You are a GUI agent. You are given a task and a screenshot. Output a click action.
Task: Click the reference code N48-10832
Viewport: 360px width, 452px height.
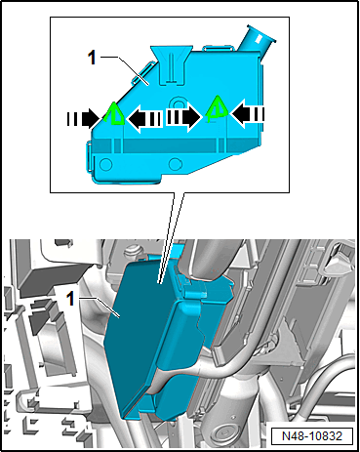(312, 436)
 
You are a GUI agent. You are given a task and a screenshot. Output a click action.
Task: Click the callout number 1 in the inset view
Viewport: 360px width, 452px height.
(93, 59)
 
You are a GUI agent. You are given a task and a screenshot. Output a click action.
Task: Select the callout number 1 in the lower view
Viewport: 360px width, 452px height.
(70, 299)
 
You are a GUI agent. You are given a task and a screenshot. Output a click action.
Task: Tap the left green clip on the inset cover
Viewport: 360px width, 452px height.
(114, 113)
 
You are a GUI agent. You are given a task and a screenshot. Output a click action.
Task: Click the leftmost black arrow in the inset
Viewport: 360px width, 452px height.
(83, 118)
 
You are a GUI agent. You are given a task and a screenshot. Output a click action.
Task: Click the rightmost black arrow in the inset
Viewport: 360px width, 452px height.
(248, 113)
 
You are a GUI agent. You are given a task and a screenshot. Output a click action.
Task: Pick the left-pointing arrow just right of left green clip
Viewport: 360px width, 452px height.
(144, 119)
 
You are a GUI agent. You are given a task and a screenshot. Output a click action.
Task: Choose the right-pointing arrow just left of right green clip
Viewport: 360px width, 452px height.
(183, 118)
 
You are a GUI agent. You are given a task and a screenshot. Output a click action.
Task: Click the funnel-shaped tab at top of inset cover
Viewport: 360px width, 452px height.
(171, 65)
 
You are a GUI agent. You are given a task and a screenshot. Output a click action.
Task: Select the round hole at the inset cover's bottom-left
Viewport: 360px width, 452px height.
(105, 164)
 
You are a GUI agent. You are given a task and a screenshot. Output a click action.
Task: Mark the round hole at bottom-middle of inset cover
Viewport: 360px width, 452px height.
(176, 163)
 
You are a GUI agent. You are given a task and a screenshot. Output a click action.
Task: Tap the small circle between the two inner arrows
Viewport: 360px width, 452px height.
(178, 103)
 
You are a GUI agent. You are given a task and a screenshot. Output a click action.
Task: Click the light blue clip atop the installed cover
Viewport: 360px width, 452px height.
(195, 290)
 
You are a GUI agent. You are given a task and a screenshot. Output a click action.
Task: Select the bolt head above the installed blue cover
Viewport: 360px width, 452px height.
(133, 251)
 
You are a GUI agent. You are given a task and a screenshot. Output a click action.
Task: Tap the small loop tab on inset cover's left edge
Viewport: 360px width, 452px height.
(89, 154)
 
